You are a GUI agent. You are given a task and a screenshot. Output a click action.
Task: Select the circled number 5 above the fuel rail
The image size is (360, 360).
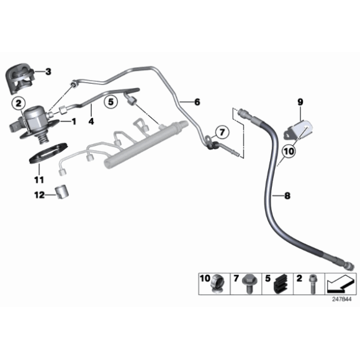[x=110, y=102]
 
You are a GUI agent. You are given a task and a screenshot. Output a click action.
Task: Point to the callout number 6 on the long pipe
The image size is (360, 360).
[x=197, y=101]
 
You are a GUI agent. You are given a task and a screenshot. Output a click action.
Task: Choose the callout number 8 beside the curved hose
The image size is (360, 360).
[x=287, y=196]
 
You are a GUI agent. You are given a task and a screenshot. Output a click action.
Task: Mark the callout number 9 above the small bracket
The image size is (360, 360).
[x=300, y=101]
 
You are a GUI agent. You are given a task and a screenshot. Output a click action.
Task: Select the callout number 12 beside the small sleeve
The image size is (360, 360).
[x=38, y=195]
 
